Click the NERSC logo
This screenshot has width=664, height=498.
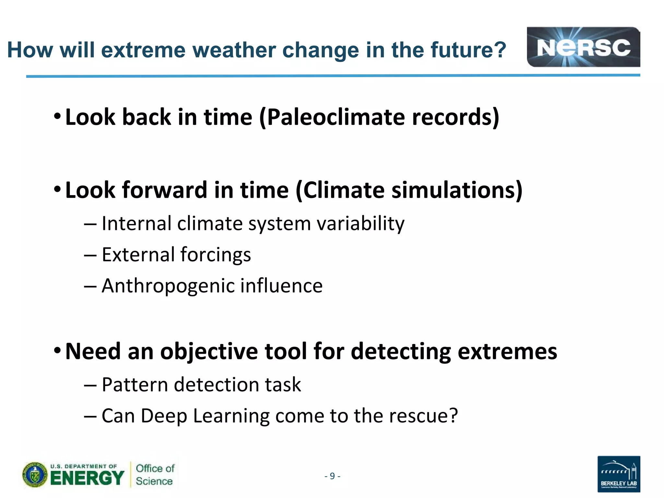pyautogui.click(x=583, y=47)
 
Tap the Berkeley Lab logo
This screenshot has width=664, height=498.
pyautogui.click(x=619, y=474)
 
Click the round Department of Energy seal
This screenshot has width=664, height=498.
pyautogui.click(x=35, y=475)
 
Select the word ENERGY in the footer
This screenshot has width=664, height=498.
pyautogui.click(x=87, y=478)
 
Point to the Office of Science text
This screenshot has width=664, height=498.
pyautogui.click(x=155, y=475)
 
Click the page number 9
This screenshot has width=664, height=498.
pyautogui.click(x=332, y=476)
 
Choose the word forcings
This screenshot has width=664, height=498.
pyautogui.click(x=215, y=255)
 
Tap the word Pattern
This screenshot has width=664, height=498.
pyautogui.click(x=135, y=385)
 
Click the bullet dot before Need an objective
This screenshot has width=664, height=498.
pyautogui.click(x=57, y=350)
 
